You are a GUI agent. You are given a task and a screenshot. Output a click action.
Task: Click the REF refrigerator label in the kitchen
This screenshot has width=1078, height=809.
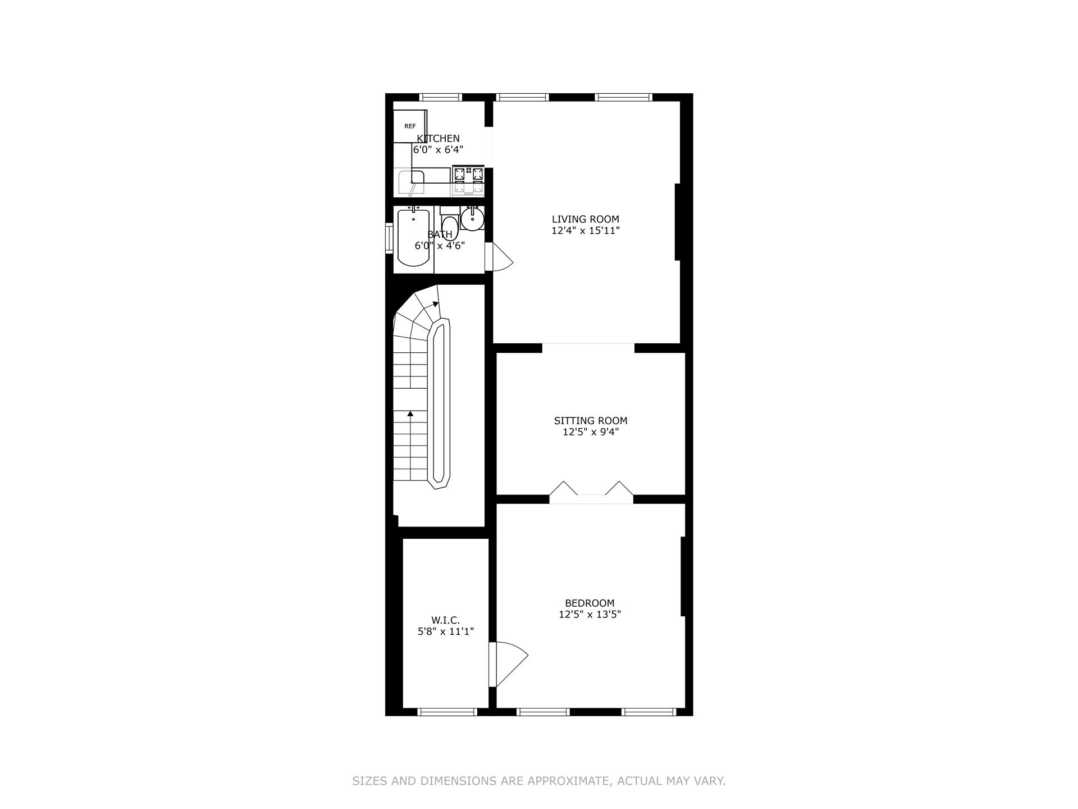tap(410, 126)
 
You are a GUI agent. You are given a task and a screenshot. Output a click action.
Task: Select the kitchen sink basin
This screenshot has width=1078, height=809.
tap(410, 181)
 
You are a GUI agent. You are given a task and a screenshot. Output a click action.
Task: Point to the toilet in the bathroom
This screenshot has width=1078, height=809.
tap(449, 226)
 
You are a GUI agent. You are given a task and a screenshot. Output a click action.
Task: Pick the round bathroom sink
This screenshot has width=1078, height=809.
tap(472, 219)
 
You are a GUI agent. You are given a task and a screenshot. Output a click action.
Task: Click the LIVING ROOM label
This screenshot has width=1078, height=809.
tap(585, 219)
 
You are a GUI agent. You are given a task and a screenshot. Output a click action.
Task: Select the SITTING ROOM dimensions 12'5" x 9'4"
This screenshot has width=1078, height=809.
tap(591, 432)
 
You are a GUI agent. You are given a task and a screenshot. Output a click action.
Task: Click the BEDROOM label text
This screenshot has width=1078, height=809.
tap(590, 603)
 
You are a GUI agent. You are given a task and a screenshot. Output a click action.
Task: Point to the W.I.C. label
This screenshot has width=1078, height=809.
tap(445, 620)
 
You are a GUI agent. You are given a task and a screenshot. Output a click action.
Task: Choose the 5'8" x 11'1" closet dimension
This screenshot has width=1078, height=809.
tap(446, 631)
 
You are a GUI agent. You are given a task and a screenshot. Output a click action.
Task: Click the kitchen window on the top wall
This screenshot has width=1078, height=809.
tap(441, 97)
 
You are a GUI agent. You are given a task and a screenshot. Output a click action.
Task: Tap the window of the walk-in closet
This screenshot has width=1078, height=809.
tap(447, 712)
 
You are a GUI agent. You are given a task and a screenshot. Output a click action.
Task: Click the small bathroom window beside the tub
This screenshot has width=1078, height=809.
tap(389, 239)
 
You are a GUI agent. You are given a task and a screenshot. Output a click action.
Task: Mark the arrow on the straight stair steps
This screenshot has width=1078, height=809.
tap(410, 415)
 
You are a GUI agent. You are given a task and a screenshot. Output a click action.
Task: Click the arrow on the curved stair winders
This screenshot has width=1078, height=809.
tap(435, 304)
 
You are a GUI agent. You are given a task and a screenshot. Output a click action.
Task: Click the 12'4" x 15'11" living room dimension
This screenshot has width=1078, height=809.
tap(585, 230)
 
